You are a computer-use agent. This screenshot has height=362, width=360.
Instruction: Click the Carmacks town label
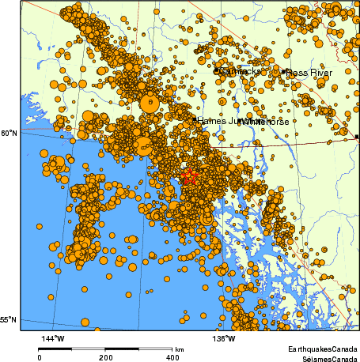pos(238,72)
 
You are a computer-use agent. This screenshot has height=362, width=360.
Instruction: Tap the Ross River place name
pos(309,73)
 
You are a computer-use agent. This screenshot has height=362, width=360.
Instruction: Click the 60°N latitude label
pos(9,134)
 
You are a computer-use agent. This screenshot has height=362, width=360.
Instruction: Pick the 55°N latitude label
pos(9,320)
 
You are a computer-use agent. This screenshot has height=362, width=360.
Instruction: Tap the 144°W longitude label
pos(52,339)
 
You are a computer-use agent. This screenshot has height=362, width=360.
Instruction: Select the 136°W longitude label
pos(225,339)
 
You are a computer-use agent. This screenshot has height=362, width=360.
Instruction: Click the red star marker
pos(189,177)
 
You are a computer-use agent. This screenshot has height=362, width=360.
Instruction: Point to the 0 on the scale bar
pos(40,356)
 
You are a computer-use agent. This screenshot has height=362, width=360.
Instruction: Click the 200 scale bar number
pos(105,356)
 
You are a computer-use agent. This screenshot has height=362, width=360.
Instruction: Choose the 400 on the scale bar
pos(171,356)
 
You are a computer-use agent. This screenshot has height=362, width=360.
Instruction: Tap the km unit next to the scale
pos(180,349)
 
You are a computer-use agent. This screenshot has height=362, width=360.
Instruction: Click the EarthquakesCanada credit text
pos(321,349)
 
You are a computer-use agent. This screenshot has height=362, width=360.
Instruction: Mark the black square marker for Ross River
pos(284,72)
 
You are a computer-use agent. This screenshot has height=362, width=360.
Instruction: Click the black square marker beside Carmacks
pos(216,71)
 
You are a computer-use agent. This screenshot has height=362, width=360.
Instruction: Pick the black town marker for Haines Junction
pos(195,120)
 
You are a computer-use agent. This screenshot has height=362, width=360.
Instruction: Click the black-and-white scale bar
pos(105,348)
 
